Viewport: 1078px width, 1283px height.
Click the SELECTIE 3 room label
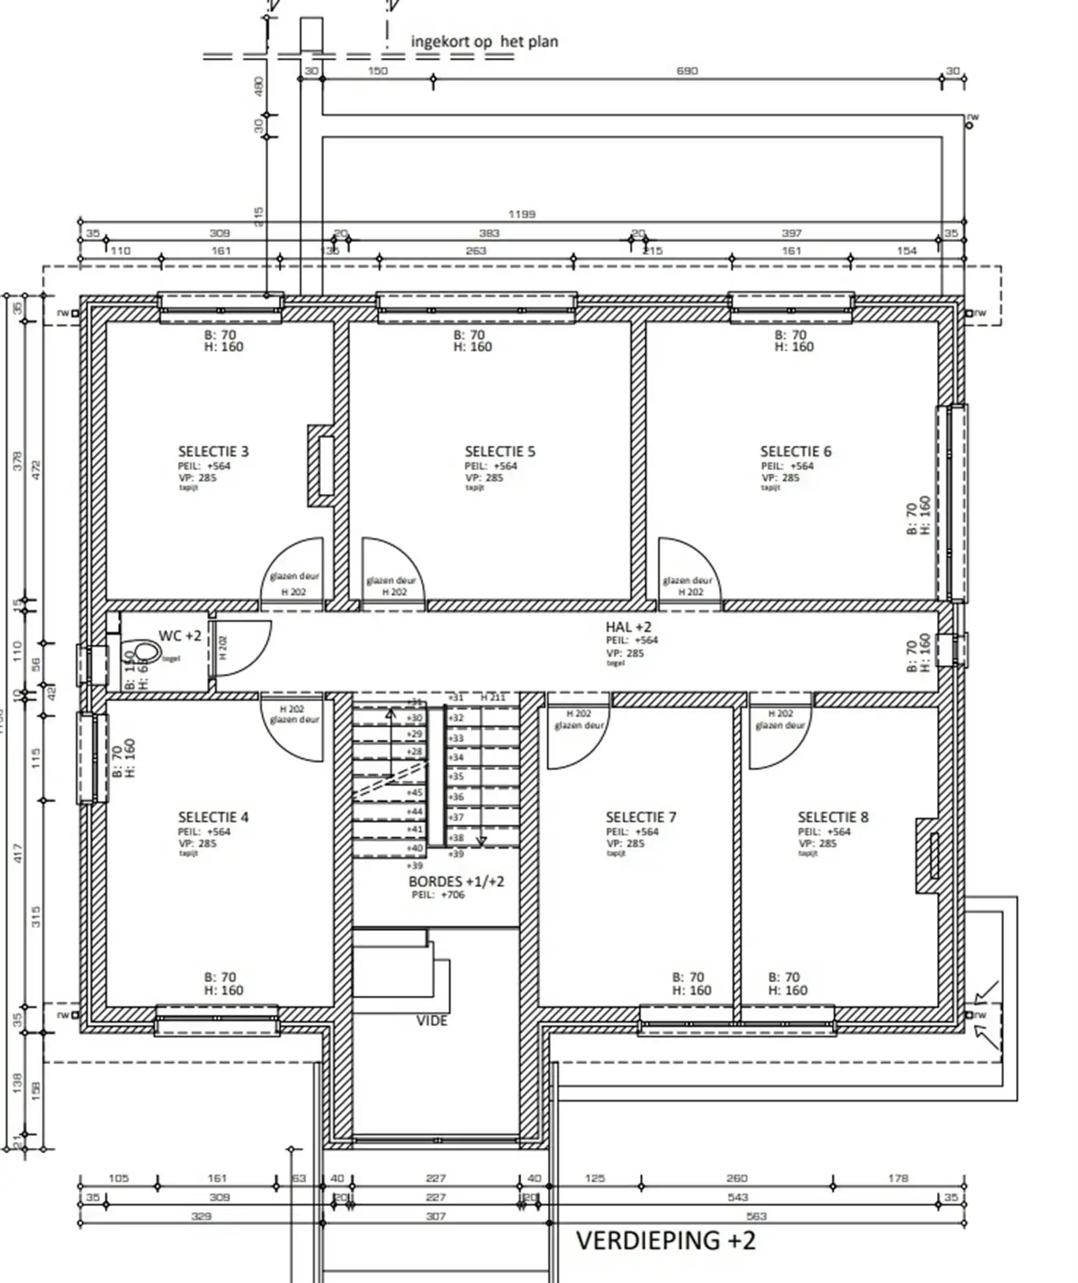click(213, 451)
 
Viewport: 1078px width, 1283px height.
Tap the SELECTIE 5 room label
click(500, 451)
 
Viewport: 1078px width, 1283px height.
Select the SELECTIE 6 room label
click(796, 451)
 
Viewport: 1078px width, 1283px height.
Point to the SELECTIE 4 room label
click(213, 817)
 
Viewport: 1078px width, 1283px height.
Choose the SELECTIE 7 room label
click(641, 817)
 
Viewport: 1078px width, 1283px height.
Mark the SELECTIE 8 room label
click(833, 817)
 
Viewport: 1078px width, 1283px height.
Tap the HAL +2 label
click(628, 627)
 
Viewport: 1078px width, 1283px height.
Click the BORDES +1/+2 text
click(456, 882)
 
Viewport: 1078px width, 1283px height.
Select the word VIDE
click(432, 1021)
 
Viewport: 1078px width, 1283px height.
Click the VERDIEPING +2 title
click(665, 1241)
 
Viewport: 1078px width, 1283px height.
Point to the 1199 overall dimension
click(522, 214)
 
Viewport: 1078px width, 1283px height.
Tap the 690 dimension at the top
click(687, 71)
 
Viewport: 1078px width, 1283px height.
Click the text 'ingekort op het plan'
click(484, 42)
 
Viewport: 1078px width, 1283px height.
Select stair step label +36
click(456, 796)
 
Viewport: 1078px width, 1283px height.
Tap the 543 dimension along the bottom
click(737, 1197)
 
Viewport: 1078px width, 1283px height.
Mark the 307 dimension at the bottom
click(435, 1216)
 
